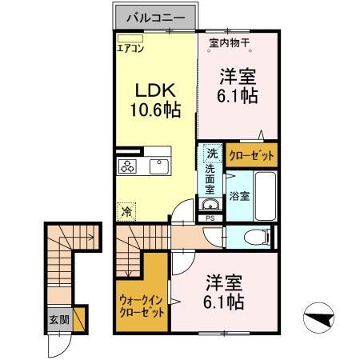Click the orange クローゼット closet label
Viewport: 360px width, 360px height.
(x=252, y=154)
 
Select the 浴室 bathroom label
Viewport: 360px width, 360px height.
(x=239, y=195)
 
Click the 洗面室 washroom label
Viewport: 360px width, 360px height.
(x=210, y=182)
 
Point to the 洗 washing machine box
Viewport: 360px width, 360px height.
(x=211, y=152)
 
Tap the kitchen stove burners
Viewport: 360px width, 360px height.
(x=128, y=166)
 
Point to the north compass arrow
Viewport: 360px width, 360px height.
(x=320, y=320)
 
